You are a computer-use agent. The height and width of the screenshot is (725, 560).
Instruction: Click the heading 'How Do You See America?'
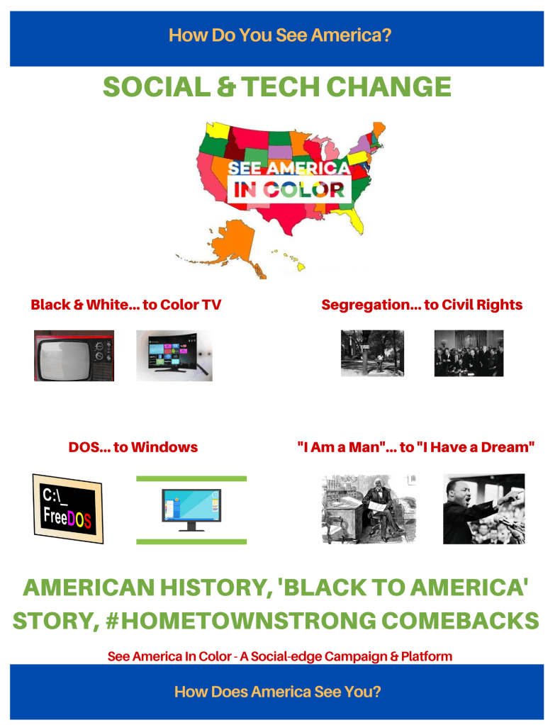coord(280,35)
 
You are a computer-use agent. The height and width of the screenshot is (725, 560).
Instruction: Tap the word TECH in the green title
coord(280,87)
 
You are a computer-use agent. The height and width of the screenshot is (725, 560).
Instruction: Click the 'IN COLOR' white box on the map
coord(289,189)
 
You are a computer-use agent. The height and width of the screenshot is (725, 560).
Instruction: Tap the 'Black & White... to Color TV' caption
coord(125,305)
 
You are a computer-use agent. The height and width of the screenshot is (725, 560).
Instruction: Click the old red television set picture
coord(74,356)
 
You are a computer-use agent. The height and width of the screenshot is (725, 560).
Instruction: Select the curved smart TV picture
coord(174,356)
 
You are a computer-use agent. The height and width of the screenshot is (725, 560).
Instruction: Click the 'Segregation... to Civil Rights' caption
coord(422,305)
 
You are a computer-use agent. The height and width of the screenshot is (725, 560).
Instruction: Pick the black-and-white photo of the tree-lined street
coord(372,353)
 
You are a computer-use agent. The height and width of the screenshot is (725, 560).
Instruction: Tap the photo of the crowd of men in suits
coord(469,353)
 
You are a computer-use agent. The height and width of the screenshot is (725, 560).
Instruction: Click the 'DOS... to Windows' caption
coord(133,447)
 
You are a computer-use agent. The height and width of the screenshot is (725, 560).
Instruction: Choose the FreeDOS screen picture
coord(67,509)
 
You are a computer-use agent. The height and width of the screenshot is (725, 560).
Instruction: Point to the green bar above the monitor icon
coord(191,478)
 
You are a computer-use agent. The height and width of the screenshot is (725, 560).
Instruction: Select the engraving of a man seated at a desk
coord(369,509)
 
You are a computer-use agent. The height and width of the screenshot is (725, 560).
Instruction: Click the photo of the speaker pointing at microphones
coord(483,509)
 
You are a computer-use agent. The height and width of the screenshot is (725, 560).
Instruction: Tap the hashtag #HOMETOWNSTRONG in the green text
coord(241,621)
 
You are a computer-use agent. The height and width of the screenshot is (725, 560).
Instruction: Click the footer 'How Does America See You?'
coord(277,692)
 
